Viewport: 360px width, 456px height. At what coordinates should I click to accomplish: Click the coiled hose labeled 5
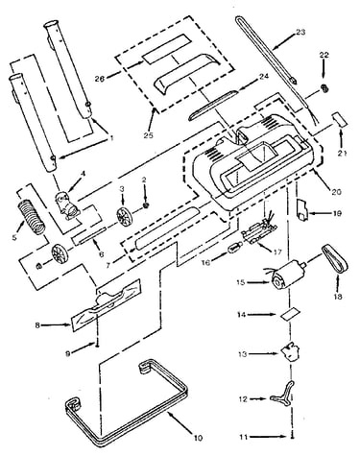(32, 216)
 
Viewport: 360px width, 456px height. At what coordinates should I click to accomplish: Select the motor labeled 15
(285, 276)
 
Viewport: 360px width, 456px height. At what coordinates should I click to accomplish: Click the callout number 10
(199, 438)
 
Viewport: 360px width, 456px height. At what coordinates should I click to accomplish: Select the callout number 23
(300, 33)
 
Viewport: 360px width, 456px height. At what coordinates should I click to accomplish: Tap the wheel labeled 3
(125, 218)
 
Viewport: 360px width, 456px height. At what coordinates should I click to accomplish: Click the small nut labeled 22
(324, 87)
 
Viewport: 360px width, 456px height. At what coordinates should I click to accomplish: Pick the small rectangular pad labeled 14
(290, 314)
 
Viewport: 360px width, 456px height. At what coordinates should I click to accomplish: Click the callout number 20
(336, 192)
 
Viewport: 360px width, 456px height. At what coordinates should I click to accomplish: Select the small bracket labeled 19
(302, 210)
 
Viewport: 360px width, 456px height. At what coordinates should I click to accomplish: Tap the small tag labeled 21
(340, 120)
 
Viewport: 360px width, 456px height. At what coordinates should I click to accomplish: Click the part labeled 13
(291, 352)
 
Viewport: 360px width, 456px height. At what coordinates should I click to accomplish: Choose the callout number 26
(100, 77)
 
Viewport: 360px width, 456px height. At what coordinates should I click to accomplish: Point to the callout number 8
(37, 325)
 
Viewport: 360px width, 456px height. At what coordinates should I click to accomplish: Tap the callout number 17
(277, 252)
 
